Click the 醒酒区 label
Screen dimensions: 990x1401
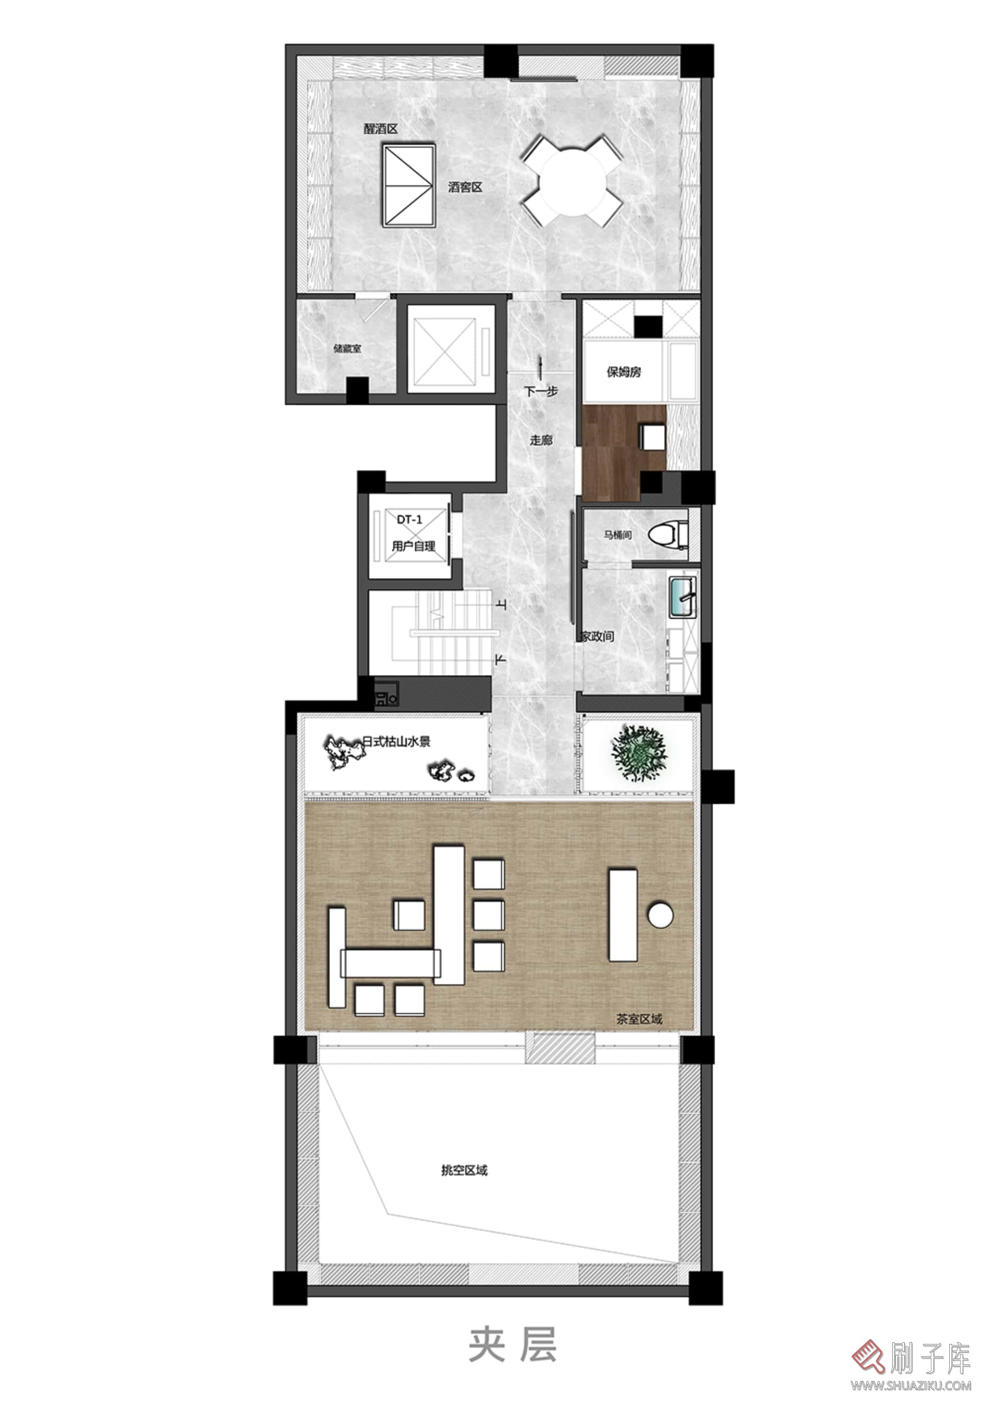pyautogui.click(x=381, y=129)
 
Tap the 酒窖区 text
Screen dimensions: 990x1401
pyautogui.click(x=465, y=187)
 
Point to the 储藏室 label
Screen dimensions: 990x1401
pyautogui.click(x=348, y=349)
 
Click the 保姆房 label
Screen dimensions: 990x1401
pyautogui.click(x=624, y=372)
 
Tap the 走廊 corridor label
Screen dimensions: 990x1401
pyautogui.click(x=541, y=439)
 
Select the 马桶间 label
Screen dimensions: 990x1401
pyautogui.click(x=618, y=535)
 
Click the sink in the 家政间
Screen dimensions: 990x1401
pyautogui.click(x=683, y=596)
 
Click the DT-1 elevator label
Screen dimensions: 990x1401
pyautogui.click(x=409, y=520)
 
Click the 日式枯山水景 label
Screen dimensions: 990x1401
pyautogui.click(x=397, y=742)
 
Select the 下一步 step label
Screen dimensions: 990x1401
pyautogui.click(x=541, y=391)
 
